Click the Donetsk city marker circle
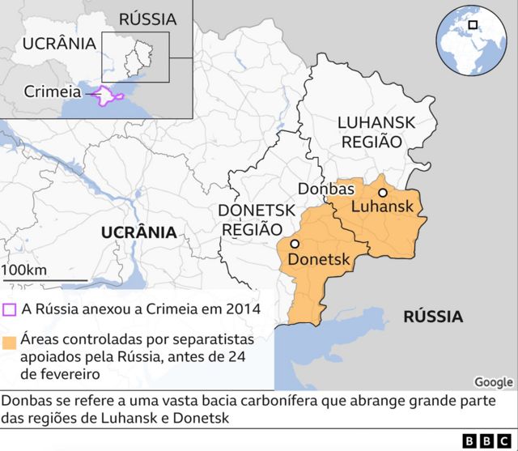click(x=295, y=244)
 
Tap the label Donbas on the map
click(x=326, y=189)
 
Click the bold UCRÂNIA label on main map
click(x=138, y=232)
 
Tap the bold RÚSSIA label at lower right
click(x=433, y=316)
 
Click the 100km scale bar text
click(x=24, y=270)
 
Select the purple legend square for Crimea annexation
click(x=10, y=308)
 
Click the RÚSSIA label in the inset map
click(x=146, y=19)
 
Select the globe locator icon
click(x=470, y=40)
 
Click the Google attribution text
click(x=493, y=382)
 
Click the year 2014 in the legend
click(x=243, y=308)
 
